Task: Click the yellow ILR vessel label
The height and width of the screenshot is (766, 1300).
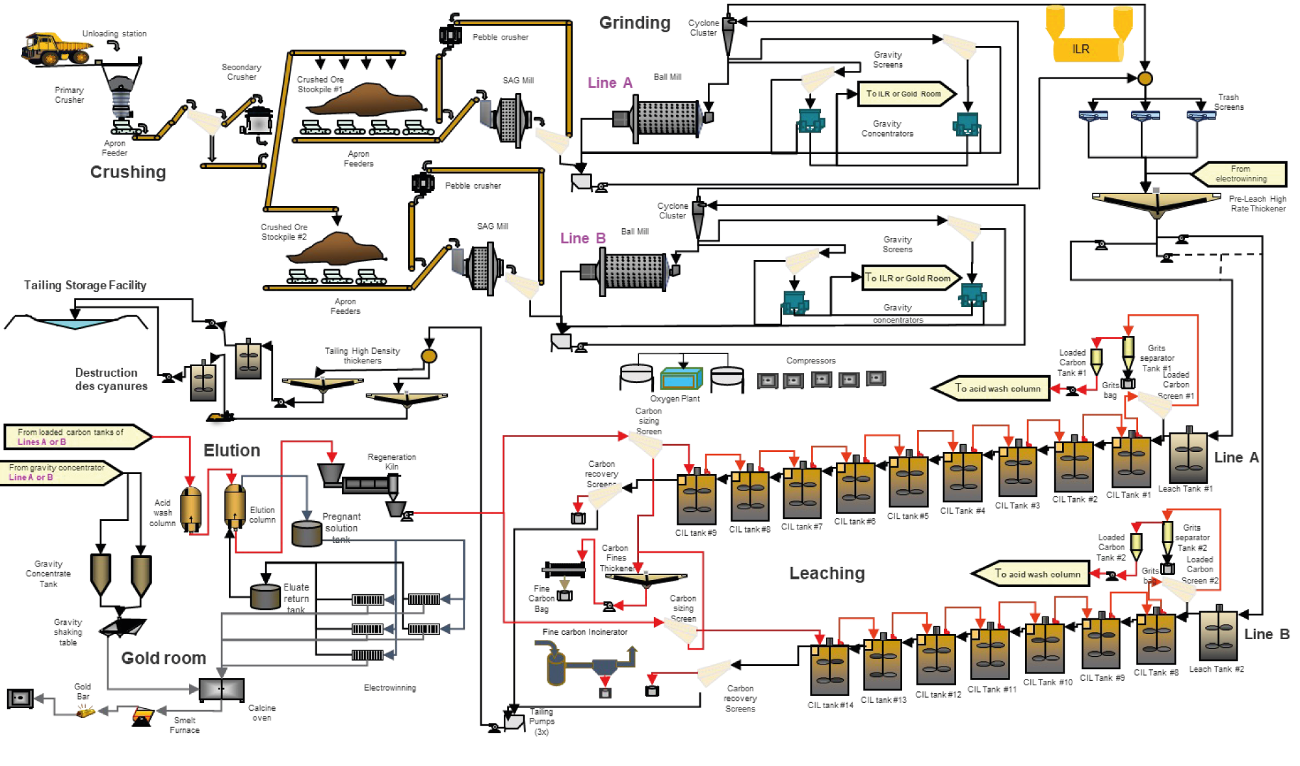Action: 1081,49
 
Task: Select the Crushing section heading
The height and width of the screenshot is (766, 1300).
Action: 128,172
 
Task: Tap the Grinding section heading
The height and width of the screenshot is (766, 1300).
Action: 634,23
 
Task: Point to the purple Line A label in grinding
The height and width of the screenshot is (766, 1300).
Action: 610,83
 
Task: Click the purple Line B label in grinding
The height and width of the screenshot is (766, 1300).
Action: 582,239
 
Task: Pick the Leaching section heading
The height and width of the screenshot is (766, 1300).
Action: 827,573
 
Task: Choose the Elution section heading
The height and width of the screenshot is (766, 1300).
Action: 231,450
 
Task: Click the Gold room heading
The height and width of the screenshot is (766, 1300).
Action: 163,658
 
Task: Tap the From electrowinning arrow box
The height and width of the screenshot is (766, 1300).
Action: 1240,174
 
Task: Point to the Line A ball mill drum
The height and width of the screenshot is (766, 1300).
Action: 666,118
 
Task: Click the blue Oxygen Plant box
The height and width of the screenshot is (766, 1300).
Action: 681,378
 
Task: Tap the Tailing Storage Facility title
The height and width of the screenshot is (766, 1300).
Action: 85,285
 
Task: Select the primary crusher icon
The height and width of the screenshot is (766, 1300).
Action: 121,94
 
